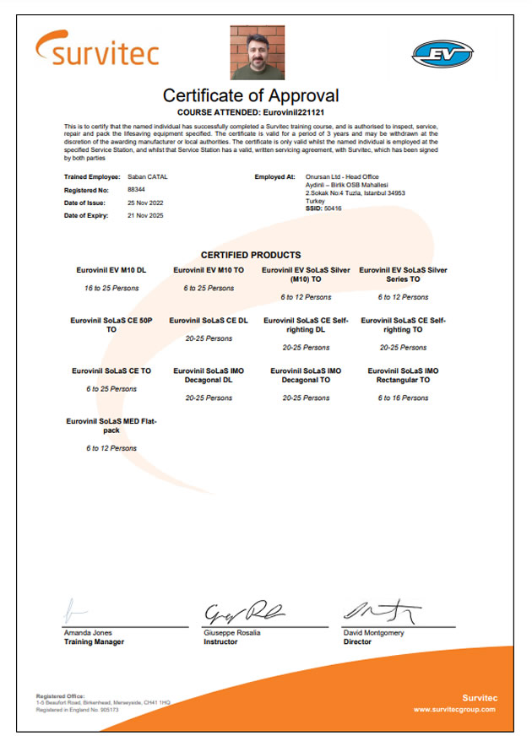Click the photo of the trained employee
258,52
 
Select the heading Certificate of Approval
251,95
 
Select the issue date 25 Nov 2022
145,203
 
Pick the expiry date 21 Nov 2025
145,216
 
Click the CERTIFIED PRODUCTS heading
251,255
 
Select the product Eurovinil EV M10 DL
111,270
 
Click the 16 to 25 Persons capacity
111,288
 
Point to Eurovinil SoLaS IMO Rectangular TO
403,375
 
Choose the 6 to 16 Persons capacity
403,397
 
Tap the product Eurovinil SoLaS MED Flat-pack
111,425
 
